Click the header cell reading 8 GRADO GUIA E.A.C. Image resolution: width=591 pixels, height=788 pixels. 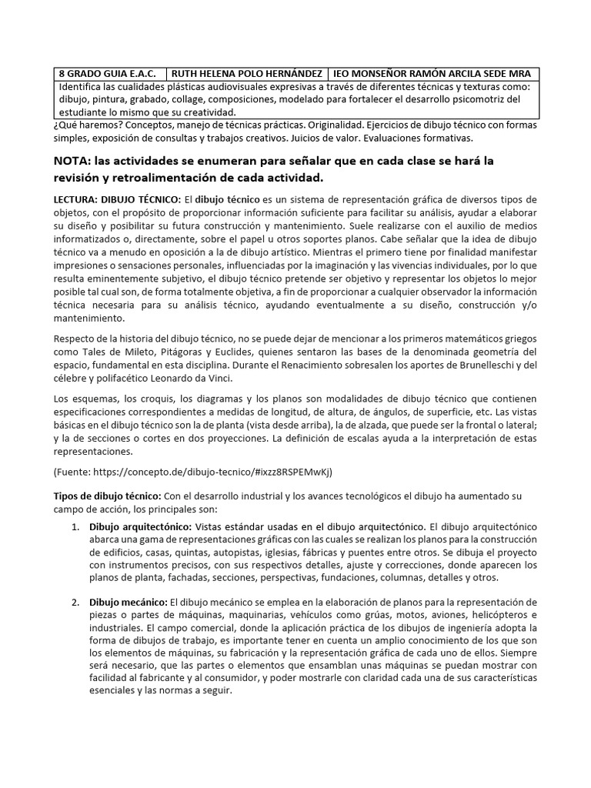tap(108, 74)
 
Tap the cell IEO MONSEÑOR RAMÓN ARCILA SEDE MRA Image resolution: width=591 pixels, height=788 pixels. tap(432, 74)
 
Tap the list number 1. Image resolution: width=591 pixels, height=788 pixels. tap(75, 528)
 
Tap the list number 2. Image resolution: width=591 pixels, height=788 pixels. tap(75, 602)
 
